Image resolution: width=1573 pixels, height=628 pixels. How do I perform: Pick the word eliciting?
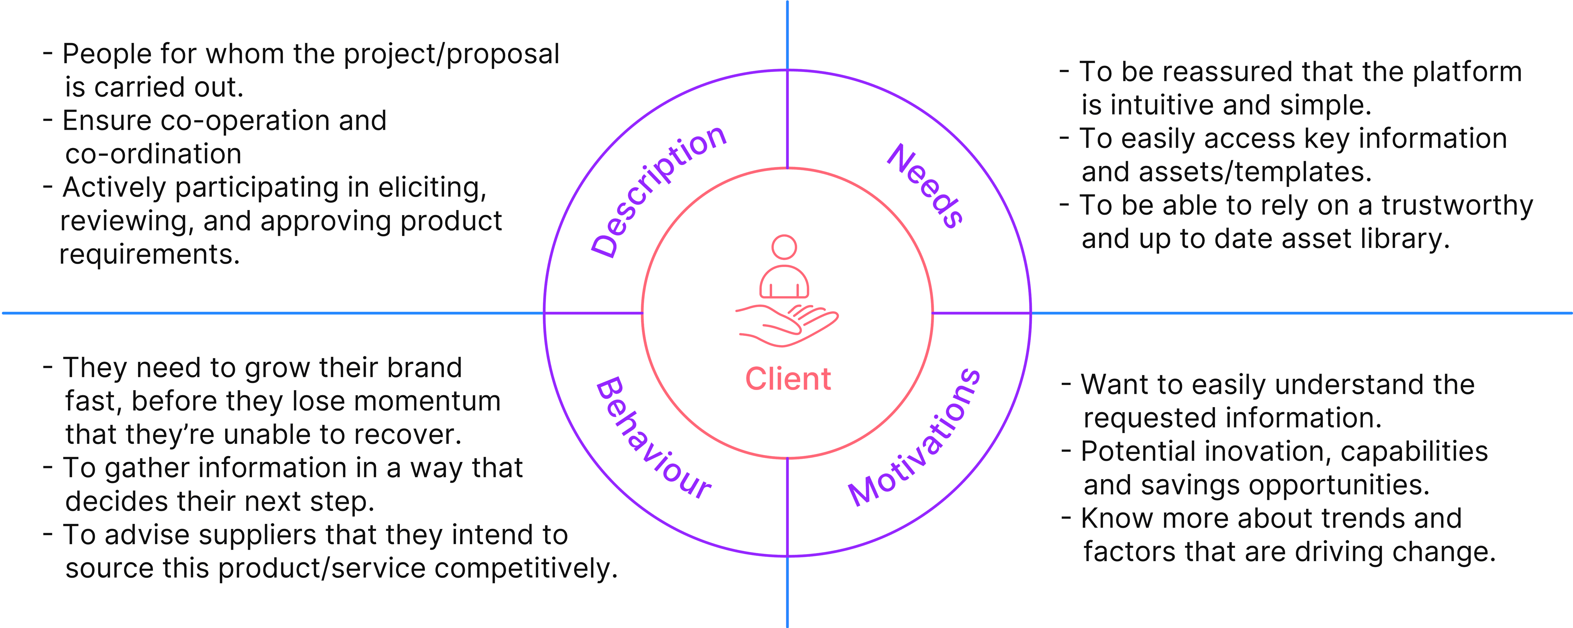[432, 187]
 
